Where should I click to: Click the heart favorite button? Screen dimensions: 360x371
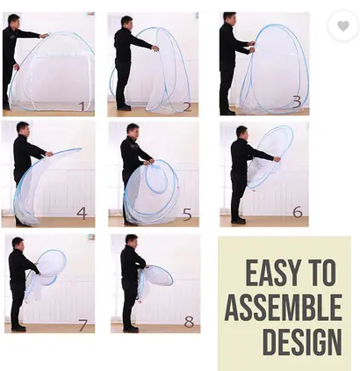(343, 25)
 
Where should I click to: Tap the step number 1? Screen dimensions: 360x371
(83, 106)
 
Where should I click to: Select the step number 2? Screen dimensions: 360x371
(187, 107)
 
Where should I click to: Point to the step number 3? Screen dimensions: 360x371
(297, 101)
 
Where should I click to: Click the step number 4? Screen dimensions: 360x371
(82, 213)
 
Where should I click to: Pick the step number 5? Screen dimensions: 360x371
(187, 215)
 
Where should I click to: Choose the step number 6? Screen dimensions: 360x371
(298, 212)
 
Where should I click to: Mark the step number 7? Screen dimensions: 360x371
(83, 325)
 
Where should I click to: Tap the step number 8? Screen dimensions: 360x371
(189, 322)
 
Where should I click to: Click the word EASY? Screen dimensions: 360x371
(275, 273)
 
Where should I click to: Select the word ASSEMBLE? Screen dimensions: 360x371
(284, 308)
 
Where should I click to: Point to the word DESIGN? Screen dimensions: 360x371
(302, 342)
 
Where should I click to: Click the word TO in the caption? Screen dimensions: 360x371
(323, 273)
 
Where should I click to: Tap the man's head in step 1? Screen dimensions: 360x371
(14, 20)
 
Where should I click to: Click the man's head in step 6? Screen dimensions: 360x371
(241, 133)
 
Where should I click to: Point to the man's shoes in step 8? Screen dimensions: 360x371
(131, 329)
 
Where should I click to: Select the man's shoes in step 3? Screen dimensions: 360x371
(227, 112)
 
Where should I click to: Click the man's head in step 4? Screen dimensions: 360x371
(23, 129)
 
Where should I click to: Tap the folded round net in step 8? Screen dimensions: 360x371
(157, 275)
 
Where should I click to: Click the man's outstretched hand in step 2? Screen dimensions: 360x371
(155, 48)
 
